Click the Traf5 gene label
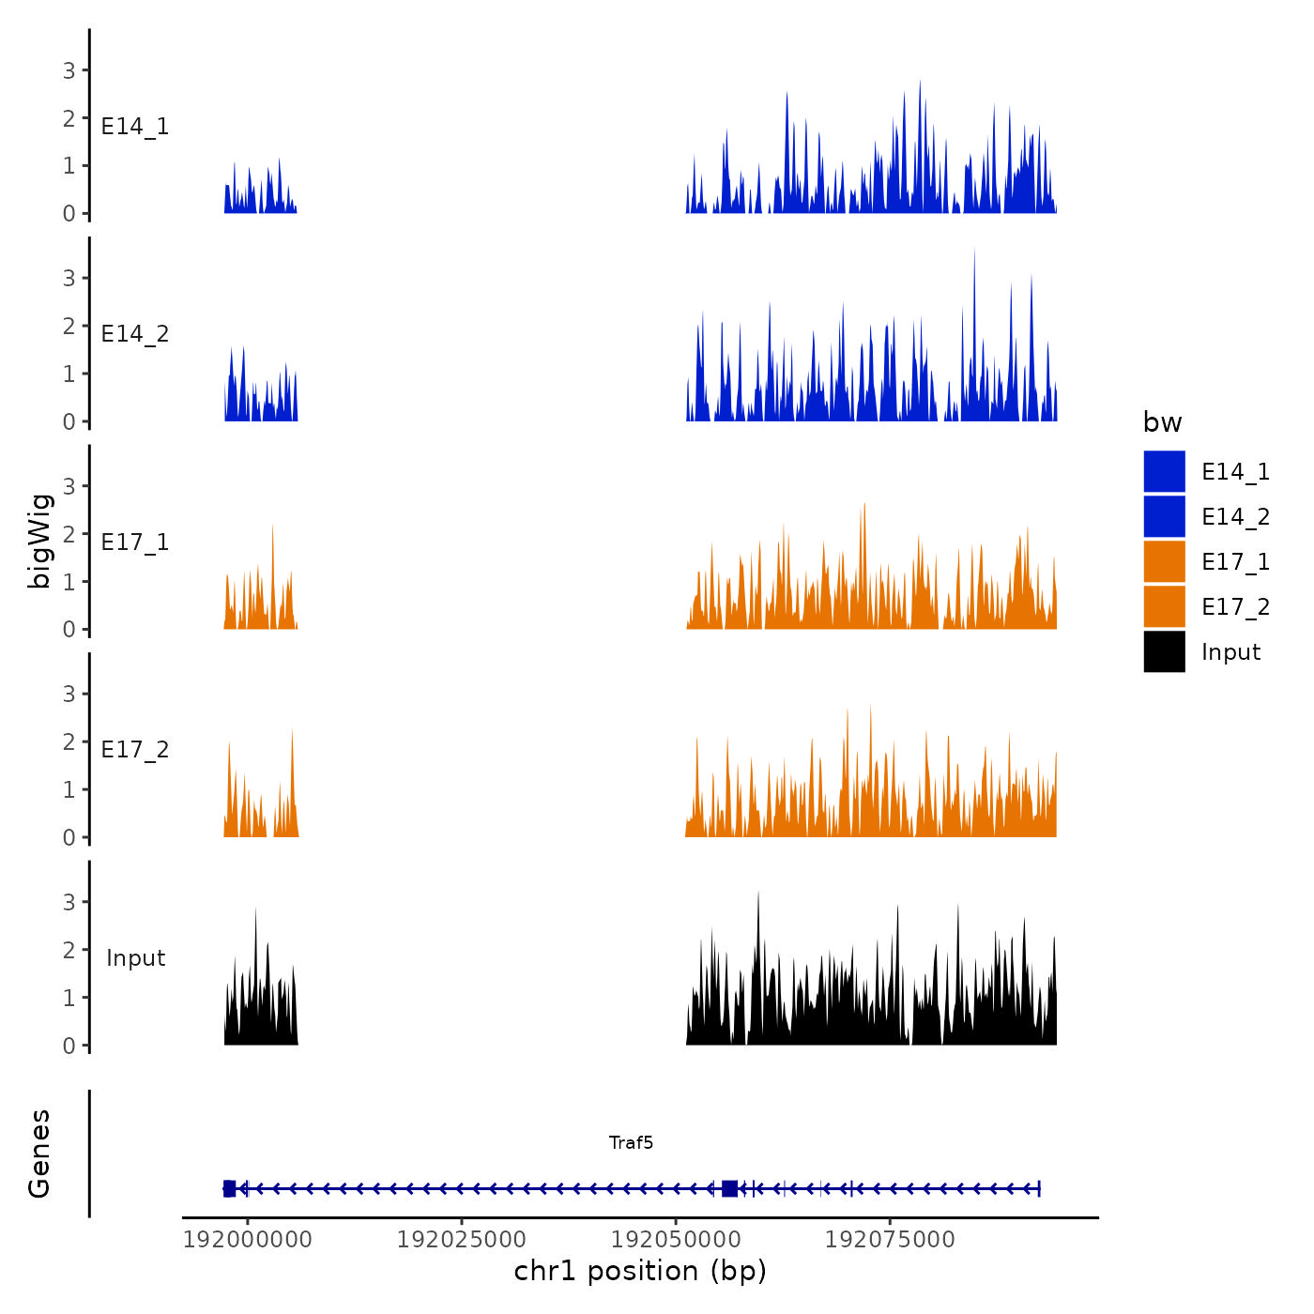click(631, 1142)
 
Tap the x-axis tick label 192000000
click(248, 1239)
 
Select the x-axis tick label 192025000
click(462, 1239)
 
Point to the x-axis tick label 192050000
click(676, 1239)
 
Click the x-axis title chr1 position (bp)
click(640, 1271)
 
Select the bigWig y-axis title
click(39, 541)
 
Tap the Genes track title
click(39, 1154)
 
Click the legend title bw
click(1162, 422)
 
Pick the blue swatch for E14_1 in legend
click(1164, 471)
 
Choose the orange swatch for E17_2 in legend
click(1164, 606)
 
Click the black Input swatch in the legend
click(1164, 651)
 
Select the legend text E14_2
click(1235, 517)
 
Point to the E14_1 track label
click(135, 127)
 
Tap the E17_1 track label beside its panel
click(135, 542)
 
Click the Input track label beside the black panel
click(135, 958)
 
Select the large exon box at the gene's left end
click(229, 1189)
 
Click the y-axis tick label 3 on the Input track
click(69, 902)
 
